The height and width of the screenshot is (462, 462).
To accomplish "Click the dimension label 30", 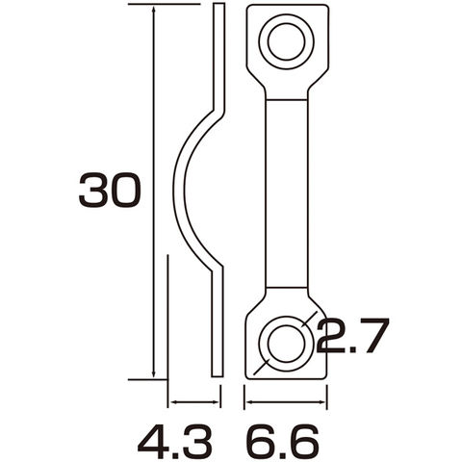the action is click(110, 190).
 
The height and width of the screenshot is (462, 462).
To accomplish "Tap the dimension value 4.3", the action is click(175, 443).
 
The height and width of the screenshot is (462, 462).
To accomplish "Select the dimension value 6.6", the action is click(282, 443).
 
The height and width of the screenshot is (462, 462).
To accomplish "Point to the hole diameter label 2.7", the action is click(353, 336).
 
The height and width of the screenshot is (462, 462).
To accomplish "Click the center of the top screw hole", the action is click(287, 41).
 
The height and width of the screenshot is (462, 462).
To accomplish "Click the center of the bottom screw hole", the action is click(287, 344).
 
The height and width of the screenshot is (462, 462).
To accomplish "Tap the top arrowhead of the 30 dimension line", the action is click(154, 13).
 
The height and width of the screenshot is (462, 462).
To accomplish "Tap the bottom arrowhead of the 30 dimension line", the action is click(154, 372).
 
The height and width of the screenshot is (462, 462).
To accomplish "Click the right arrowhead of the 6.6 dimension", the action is click(321, 401).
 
